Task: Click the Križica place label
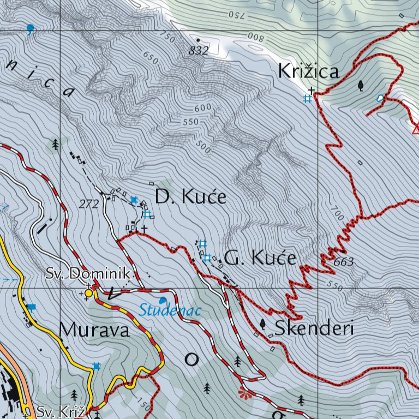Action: click(308, 71)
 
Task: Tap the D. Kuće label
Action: click(190, 196)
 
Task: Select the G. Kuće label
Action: click(260, 258)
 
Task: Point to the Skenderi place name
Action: click(315, 328)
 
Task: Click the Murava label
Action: click(94, 330)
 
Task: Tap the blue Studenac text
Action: click(170, 311)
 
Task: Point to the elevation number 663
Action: click(343, 262)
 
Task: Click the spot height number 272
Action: click(88, 205)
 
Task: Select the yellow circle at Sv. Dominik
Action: click(88, 293)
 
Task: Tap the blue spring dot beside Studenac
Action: click(162, 300)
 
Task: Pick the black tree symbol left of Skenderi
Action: click(263, 324)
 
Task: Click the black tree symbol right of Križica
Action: click(361, 86)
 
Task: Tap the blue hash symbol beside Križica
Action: click(308, 99)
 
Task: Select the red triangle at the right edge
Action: click(416, 129)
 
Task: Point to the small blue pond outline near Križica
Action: click(380, 98)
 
